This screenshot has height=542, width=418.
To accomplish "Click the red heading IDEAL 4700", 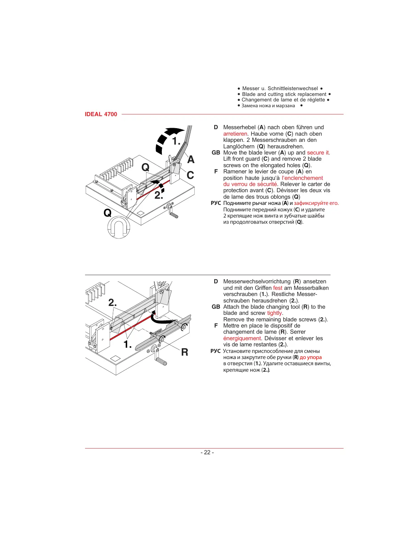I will pyautogui.click(x=101, y=114).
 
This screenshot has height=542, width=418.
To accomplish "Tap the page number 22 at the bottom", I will pyautogui.click(x=207, y=452).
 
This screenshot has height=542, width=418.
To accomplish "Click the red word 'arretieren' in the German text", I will pyautogui.click(x=235, y=134).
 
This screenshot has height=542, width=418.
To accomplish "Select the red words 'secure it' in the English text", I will pyautogui.click(x=318, y=153).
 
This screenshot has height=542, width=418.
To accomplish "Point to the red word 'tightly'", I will pyautogui.click(x=275, y=313).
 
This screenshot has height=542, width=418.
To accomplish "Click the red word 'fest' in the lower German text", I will pyautogui.click(x=277, y=288).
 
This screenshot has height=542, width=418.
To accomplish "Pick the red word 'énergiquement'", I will pyautogui.click(x=242, y=338).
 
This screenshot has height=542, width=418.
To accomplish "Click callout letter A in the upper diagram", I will pyautogui.click(x=191, y=160).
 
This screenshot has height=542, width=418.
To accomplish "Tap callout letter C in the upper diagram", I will pyautogui.click(x=190, y=175).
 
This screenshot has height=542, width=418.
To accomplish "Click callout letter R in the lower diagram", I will pyautogui.click(x=184, y=352).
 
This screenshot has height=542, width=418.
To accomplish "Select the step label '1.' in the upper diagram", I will pyautogui.click(x=176, y=141).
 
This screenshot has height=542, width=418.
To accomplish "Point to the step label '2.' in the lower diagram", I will pyautogui.click(x=112, y=303).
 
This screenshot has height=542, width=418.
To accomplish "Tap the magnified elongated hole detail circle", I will pyautogui.click(x=119, y=227).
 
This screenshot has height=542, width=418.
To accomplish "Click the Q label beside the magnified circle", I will pyautogui.click(x=107, y=213).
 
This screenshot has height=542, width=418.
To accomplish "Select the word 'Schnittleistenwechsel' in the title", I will pyautogui.click(x=292, y=88).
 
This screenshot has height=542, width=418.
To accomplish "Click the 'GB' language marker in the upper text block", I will pyautogui.click(x=216, y=153).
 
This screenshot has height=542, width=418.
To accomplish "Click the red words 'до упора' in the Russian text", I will pyautogui.click(x=311, y=357).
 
